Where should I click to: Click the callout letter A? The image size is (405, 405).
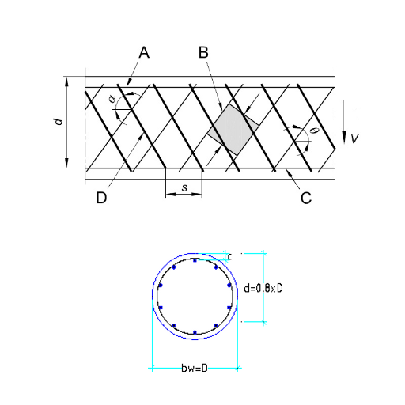click(144, 52)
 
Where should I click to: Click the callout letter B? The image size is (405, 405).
click(203, 52)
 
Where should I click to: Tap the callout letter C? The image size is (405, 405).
click(306, 198)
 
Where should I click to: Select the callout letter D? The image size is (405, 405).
click(101, 198)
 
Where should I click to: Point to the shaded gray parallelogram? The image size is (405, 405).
click(233, 129)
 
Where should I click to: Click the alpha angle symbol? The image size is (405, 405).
click(112, 99)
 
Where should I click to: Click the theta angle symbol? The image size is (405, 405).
click(315, 130)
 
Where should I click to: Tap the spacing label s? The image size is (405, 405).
click(184, 187)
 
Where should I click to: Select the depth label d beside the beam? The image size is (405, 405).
click(58, 122)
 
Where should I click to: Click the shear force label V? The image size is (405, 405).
click(354, 138)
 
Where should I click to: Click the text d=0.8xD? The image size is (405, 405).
click(263, 288)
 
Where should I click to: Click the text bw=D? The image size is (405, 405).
click(195, 368)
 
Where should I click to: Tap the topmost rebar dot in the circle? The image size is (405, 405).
click(195, 260)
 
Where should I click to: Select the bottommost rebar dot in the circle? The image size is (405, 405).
click(195, 332)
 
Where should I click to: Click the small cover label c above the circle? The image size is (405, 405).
click(229, 256)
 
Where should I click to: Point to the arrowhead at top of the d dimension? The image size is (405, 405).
click(66, 81)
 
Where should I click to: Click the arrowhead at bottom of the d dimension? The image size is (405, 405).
click(66, 162)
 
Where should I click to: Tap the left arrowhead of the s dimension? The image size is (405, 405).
click(171, 195)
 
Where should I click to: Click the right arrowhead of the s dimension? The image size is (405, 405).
click(197, 195)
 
